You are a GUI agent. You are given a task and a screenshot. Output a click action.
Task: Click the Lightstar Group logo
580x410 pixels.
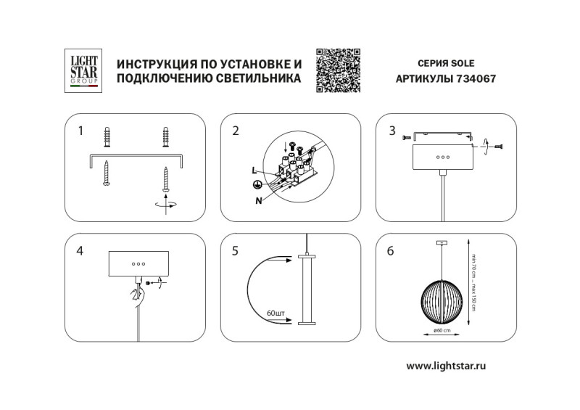tap(83, 70)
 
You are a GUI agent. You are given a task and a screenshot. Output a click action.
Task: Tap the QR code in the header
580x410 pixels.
tap(338, 70)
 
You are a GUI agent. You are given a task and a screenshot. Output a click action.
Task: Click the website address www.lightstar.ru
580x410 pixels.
tap(445, 366)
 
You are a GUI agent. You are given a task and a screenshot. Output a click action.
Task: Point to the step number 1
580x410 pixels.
tap(81, 131)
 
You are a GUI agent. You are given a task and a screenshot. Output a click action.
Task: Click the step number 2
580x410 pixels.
tap(236, 131)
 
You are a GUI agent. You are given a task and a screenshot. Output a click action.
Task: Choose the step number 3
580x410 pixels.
tap(391, 131)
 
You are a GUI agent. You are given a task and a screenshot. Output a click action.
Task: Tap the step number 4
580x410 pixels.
tap(80, 251)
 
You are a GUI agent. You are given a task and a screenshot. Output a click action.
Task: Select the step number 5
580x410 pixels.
tap(236, 251)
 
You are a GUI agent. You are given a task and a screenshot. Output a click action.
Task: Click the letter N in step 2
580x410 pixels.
tap(258, 201)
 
